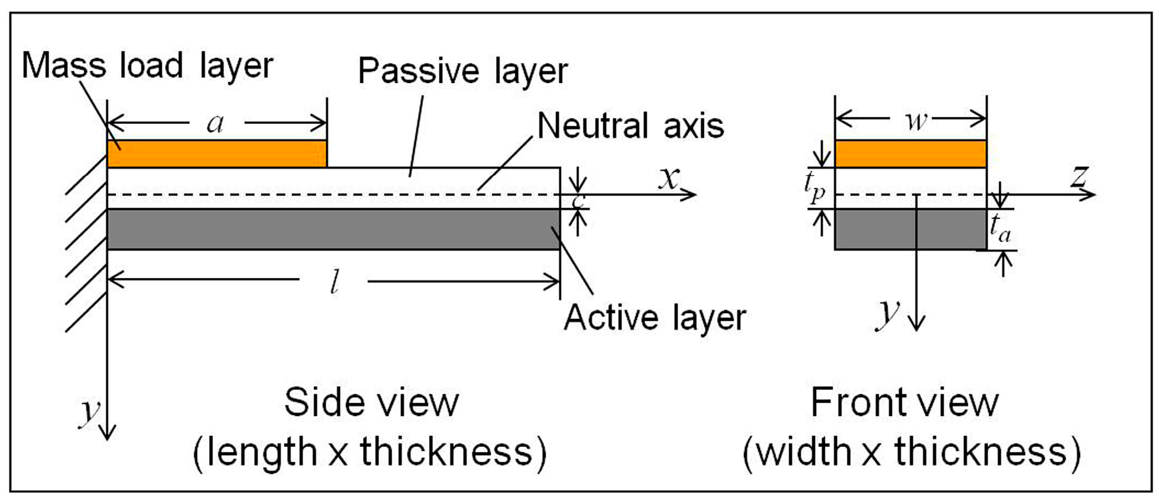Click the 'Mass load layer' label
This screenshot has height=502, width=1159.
pyautogui.click(x=147, y=66)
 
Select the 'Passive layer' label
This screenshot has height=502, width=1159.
pyautogui.click(x=463, y=71)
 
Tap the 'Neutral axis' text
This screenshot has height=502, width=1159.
pyautogui.click(x=630, y=126)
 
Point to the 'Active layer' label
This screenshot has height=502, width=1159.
pyautogui.click(x=655, y=318)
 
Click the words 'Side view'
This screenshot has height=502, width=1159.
pyautogui.click(x=371, y=402)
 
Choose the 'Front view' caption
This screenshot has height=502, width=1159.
pyautogui.click(x=904, y=402)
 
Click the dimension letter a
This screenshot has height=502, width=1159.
pyautogui.click(x=215, y=124)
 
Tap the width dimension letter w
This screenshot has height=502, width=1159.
pyautogui.click(x=915, y=121)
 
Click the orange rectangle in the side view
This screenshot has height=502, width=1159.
pyautogui.click(x=217, y=154)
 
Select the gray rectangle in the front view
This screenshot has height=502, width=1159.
pyautogui.click(x=910, y=229)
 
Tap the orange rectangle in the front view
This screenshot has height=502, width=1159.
pyautogui.click(x=910, y=154)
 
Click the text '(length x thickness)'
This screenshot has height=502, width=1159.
pyautogui.click(x=370, y=452)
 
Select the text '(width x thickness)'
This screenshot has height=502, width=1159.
pyautogui.click(x=911, y=452)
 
